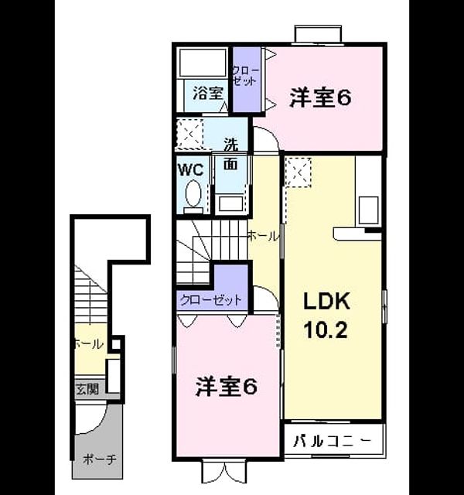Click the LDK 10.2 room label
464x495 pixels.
pyautogui.click(x=326, y=315)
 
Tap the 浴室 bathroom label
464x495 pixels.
pyautogui.click(x=208, y=93)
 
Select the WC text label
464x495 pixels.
pyautogui.click(x=191, y=170)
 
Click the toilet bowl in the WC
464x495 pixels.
pyautogui.click(x=193, y=193)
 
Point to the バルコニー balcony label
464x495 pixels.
pyautogui.click(x=332, y=441)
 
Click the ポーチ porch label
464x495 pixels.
pyautogui.click(x=100, y=459)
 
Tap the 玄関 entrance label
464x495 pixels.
pyautogui.click(x=87, y=388)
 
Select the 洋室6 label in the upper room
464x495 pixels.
pyautogui.click(x=320, y=98)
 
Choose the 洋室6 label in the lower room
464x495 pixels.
pyautogui.click(x=227, y=387)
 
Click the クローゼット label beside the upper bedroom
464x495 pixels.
pyautogui.click(x=246, y=76)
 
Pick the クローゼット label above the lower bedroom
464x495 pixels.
pyautogui.click(x=210, y=299)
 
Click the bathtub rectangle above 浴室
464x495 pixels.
pyautogui.click(x=202, y=62)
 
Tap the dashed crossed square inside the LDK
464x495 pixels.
pyautogui.click(x=299, y=172)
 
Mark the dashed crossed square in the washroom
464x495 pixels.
pyautogui.click(x=189, y=134)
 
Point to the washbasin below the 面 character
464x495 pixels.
pyautogui.click(x=231, y=203)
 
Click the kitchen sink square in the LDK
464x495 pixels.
pyautogui.click(x=369, y=210)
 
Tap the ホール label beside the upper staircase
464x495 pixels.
pyautogui.click(x=263, y=236)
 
